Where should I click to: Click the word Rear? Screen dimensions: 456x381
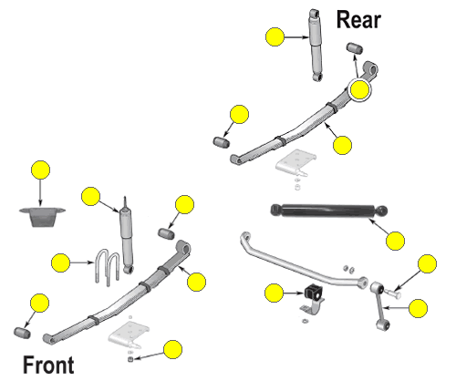[358, 20]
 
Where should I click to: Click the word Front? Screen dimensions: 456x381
[48, 365]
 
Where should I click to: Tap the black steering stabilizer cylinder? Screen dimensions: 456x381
[329, 211]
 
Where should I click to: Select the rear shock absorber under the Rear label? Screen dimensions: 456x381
[316, 45]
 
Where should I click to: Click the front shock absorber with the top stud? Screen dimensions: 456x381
[127, 235]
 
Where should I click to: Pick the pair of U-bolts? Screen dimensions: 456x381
[108, 267]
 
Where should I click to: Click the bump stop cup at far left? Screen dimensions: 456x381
[42, 217]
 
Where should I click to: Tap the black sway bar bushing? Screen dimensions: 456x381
[313, 293]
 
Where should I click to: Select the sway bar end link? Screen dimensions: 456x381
[380, 306]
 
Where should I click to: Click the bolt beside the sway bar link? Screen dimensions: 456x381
[393, 293]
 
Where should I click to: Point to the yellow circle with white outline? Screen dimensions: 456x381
[359, 89]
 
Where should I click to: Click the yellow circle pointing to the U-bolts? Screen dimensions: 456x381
[61, 263]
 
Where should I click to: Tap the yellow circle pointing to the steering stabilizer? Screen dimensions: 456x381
[395, 241]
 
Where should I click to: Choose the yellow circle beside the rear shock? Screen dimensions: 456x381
[275, 36]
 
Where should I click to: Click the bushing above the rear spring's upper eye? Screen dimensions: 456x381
[355, 48]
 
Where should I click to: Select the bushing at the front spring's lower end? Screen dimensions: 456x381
[22, 333]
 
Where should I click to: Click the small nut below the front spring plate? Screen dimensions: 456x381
[130, 359]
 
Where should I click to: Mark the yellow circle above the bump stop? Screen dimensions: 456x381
[40, 170]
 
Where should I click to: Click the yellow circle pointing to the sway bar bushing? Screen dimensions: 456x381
[274, 293]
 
